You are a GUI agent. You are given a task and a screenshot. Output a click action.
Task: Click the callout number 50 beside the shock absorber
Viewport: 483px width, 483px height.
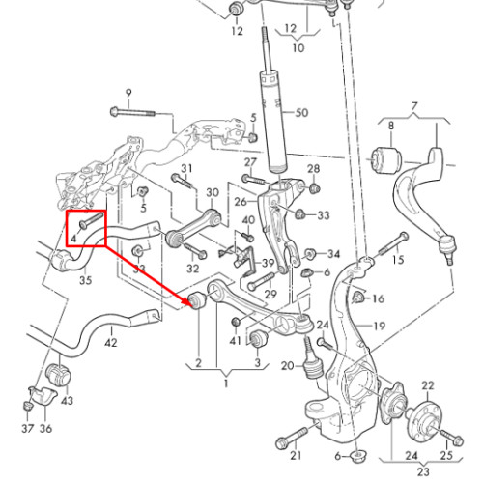301,113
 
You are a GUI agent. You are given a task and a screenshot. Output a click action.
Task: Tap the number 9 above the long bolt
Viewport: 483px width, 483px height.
128,94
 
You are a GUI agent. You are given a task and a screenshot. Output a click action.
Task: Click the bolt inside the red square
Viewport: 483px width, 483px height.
91,220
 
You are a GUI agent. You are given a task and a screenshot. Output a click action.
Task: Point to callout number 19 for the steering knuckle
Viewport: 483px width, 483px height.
379,327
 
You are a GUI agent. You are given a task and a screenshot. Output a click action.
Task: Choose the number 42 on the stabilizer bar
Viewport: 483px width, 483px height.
111,343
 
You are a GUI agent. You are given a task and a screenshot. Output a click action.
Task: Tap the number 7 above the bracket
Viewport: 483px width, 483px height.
414,106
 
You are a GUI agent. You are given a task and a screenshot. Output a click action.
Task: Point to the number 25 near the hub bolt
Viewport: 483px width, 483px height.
446,455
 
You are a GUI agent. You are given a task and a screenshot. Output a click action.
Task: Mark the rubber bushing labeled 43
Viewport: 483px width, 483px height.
59,375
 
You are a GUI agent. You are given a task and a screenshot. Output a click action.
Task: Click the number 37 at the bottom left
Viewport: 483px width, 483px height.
28,429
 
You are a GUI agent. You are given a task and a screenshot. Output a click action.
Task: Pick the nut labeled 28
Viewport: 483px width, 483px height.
314,188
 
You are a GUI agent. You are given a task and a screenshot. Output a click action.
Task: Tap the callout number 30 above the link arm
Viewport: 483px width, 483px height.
213,193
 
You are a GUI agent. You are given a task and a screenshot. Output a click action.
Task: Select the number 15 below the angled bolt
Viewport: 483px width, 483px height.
398,260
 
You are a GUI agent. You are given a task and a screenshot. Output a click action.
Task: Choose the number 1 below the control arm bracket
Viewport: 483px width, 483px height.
226,384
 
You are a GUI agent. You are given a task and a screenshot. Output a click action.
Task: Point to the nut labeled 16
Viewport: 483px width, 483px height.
358,298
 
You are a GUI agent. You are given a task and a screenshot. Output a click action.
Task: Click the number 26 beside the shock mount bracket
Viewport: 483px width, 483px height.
241,202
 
